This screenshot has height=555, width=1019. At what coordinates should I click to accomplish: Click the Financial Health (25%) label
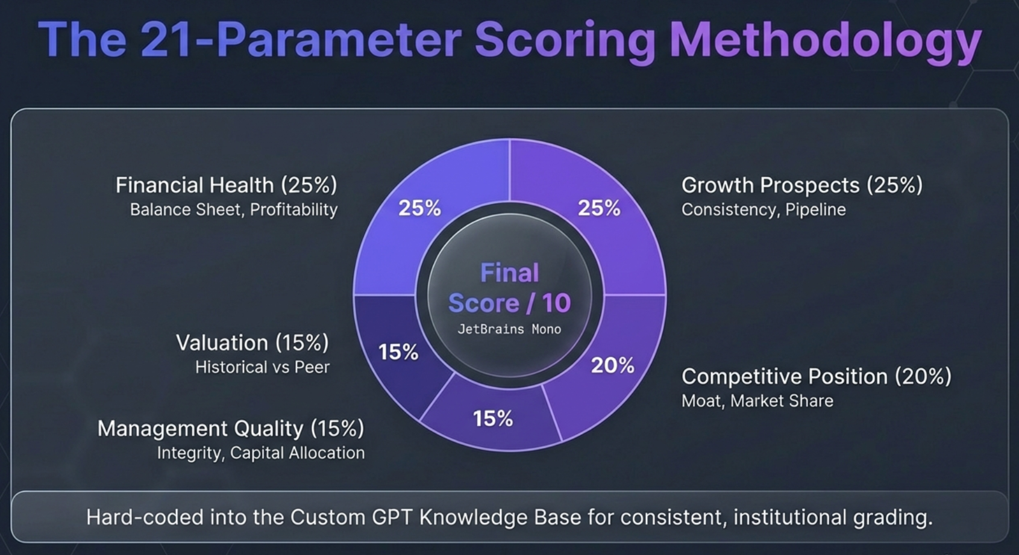click(x=226, y=185)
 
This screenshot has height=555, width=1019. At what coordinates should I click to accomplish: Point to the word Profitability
click(x=293, y=209)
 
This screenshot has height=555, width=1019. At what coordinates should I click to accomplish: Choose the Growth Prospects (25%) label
click(x=801, y=185)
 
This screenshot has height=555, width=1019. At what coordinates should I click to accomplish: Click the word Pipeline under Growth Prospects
click(x=815, y=209)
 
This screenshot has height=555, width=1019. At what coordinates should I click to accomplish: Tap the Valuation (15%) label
click(x=252, y=343)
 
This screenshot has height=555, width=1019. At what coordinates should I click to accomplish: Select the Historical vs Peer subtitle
click(x=262, y=367)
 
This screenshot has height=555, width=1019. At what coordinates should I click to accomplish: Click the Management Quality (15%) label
click(x=230, y=428)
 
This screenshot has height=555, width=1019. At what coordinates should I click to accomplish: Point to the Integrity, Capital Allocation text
click(x=260, y=453)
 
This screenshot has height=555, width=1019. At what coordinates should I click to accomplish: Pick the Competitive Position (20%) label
click(x=816, y=376)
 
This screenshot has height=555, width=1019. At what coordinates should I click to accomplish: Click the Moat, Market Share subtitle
click(x=757, y=401)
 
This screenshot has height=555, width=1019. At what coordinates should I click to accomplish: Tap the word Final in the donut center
click(x=509, y=273)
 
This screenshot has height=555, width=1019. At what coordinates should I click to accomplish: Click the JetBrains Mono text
click(x=509, y=329)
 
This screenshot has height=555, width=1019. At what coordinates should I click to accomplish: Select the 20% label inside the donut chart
click(x=612, y=365)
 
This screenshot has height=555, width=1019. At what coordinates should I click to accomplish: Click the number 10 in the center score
click(x=556, y=303)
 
